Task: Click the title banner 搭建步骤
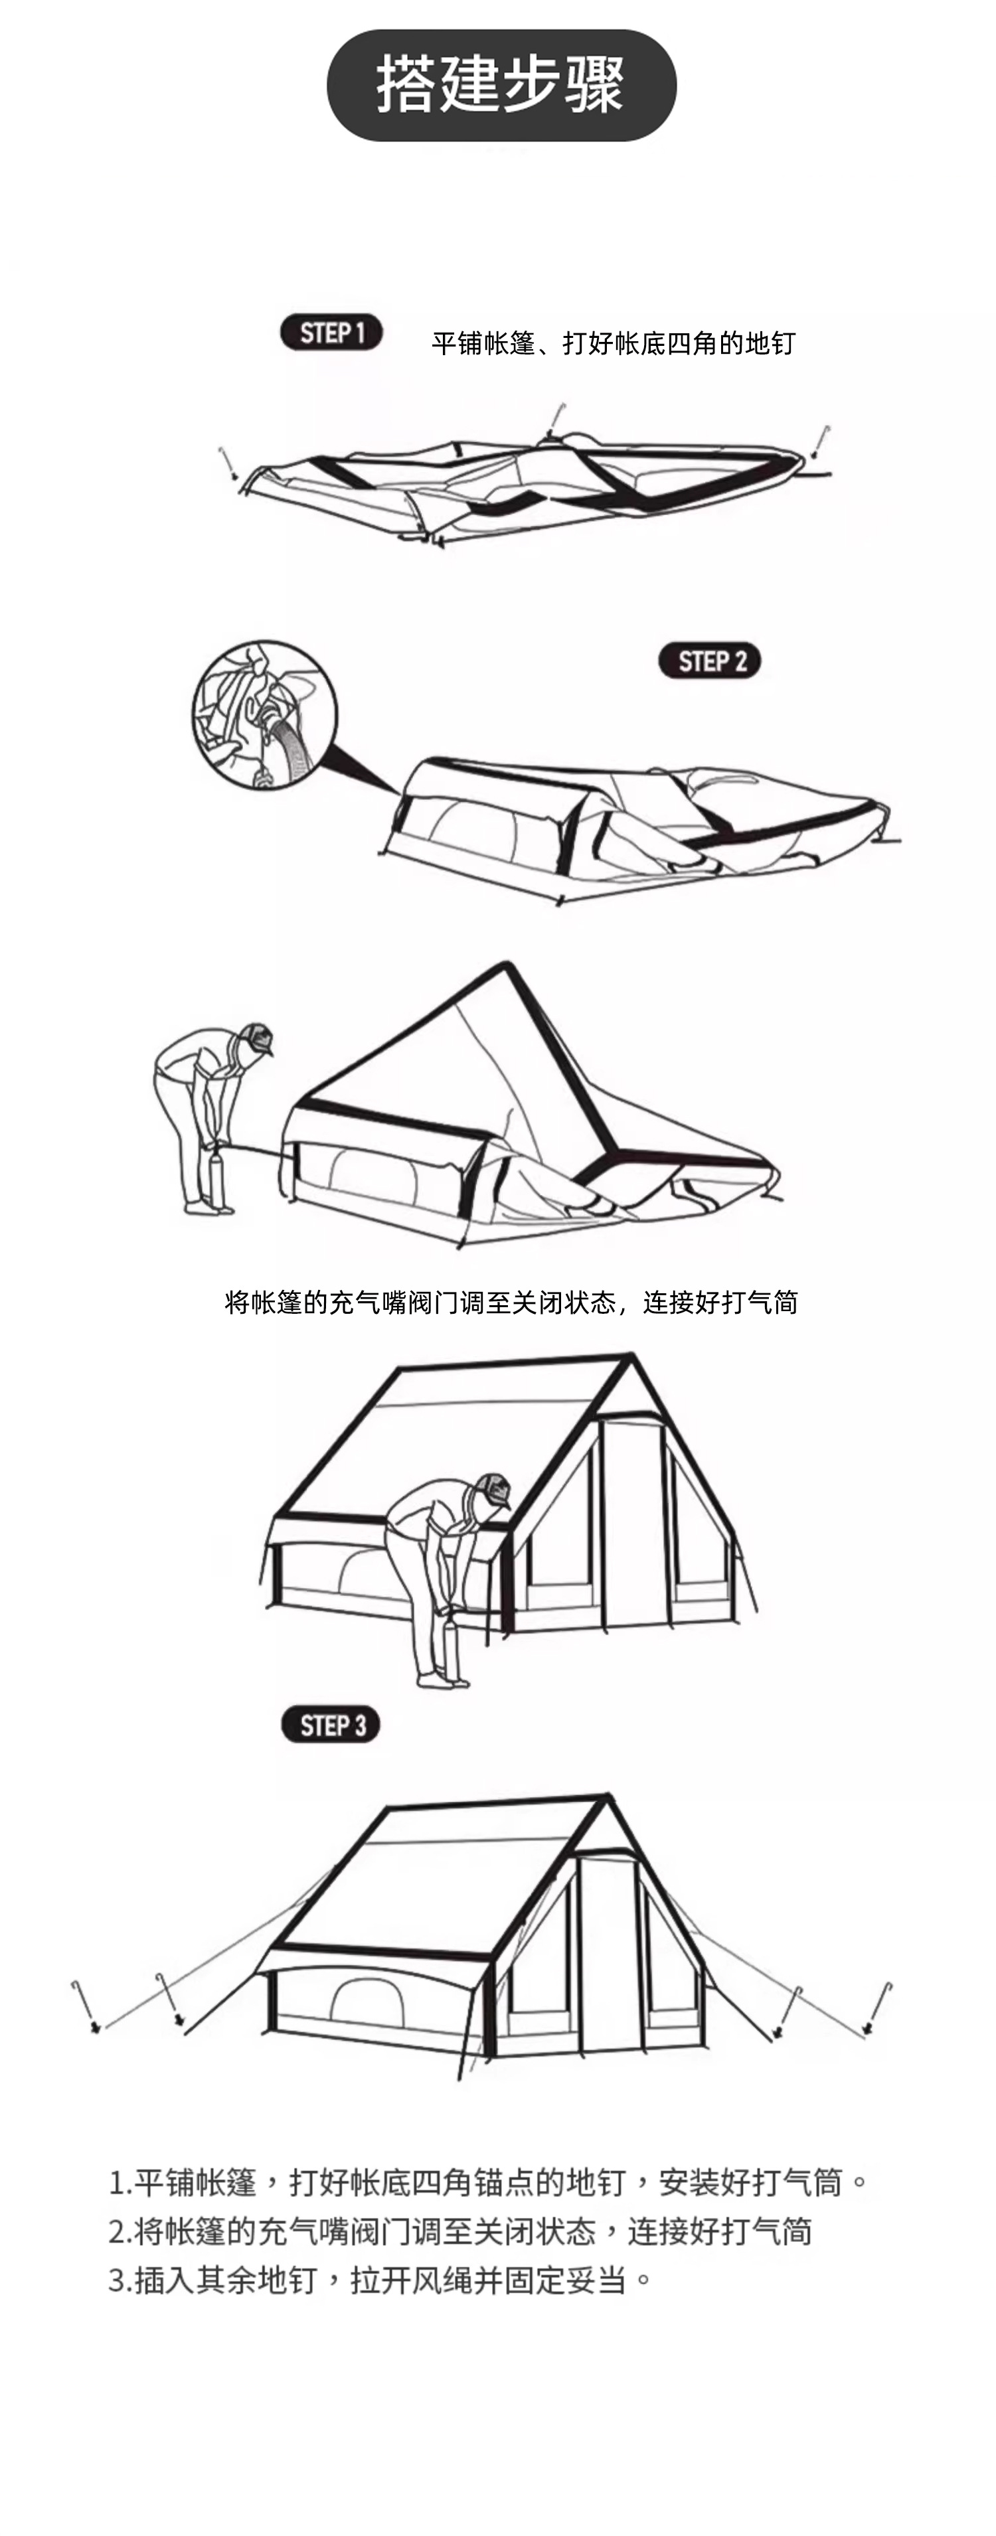tap(500, 85)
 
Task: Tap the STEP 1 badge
tap(332, 333)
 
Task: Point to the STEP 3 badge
tap(331, 1725)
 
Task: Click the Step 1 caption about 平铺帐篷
tap(612, 344)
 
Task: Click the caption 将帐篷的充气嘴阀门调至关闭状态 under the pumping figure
tap(511, 1303)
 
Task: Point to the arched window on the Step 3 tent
tap(366, 2004)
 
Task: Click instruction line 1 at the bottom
tap(488, 2183)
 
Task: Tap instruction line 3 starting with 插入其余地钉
tap(380, 2279)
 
